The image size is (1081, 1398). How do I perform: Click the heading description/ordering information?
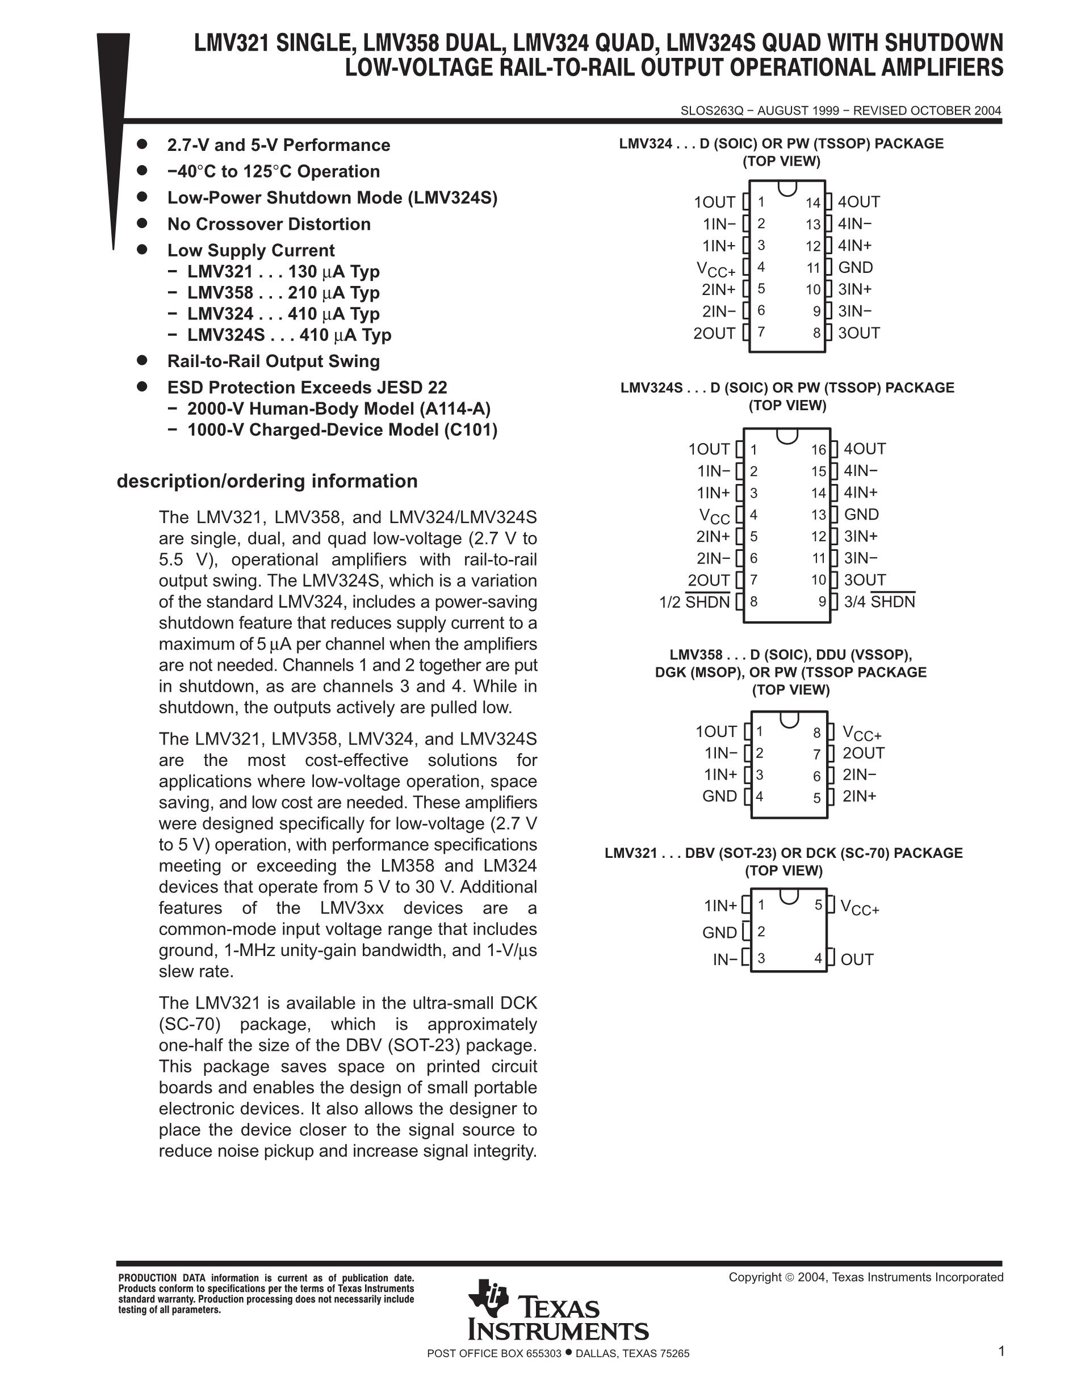(267, 481)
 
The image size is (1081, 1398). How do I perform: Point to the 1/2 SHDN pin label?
(694, 603)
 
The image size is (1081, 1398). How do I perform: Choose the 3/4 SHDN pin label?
(879, 603)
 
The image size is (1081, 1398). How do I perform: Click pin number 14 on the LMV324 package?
(812, 203)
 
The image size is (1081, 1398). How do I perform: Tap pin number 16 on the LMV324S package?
(819, 450)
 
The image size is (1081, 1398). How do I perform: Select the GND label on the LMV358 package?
(720, 796)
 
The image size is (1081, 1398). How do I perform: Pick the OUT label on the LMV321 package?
(857, 959)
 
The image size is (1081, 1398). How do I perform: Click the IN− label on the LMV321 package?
(725, 959)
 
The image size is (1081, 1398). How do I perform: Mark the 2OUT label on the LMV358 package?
(863, 753)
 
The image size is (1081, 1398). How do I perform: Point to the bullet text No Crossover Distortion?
(269, 224)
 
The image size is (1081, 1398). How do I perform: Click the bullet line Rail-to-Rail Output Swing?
(274, 361)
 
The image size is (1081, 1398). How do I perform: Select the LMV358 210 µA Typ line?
(283, 293)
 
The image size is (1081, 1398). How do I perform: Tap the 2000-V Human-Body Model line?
(339, 409)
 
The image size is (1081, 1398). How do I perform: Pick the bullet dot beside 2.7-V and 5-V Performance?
(142, 144)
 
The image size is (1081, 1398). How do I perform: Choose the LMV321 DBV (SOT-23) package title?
(783, 853)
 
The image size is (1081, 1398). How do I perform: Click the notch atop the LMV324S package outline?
(786, 435)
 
